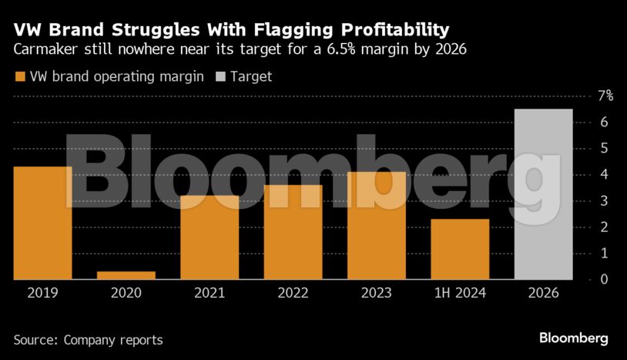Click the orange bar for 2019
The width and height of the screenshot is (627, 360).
42,223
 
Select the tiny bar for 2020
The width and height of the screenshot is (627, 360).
126,275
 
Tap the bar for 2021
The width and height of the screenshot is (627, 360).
210,237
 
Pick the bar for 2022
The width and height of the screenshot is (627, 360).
293,232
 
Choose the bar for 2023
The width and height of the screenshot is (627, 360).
376,225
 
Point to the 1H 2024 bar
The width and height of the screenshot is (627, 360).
460,249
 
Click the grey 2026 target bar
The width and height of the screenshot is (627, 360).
543,194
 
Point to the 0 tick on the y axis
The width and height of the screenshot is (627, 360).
605,279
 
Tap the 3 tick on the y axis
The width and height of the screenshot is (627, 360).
605,200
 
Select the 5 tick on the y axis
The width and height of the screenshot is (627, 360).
605,148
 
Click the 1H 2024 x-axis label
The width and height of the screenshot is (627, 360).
460,294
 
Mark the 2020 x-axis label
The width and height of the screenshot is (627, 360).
126,294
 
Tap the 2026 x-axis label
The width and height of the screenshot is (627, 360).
543,294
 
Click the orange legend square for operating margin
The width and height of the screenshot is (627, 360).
18,76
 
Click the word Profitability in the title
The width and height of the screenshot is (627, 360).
384,30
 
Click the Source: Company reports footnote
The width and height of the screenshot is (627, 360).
88,339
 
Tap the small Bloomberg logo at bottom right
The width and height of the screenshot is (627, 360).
574,338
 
